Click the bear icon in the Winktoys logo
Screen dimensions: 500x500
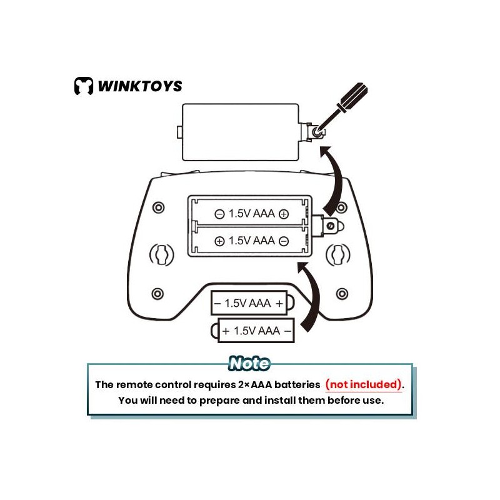[x=83, y=86]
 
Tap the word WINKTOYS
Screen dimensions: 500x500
[x=139, y=86]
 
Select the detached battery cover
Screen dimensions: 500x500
[x=241, y=132]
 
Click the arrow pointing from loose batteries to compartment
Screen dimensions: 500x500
[x=311, y=294]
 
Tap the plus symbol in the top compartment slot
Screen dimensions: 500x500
[x=284, y=214]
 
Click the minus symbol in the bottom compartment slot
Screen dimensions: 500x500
[x=284, y=241]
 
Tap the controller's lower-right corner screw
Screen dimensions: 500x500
[x=341, y=293]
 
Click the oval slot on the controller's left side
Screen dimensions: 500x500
[x=161, y=254]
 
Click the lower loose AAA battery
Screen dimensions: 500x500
[x=256, y=331]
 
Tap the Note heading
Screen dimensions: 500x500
[x=249, y=363]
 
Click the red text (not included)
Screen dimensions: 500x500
[x=362, y=384]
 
